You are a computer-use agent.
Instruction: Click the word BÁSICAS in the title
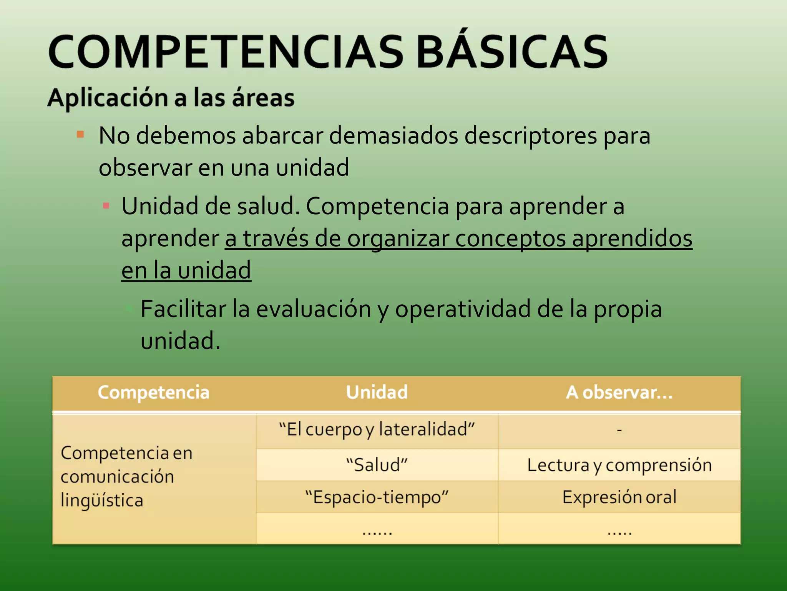(x=512, y=52)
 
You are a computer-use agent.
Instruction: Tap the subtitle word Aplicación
(x=108, y=98)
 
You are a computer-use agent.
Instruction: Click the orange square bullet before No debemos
(x=80, y=134)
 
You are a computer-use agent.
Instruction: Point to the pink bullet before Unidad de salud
(x=106, y=206)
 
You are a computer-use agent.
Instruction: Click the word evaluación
(x=313, y=309)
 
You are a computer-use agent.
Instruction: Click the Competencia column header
(x=154, y=392)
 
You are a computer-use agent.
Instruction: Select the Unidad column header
(x=377, y=392)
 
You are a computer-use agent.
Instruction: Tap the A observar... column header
(x=619, y=392)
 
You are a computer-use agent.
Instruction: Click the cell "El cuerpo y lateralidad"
(x=377, y=429)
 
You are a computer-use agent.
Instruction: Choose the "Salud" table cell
(x=377, y=465)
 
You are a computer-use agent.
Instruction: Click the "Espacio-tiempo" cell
(x=377, y=497)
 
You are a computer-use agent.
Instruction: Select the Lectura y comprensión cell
(x=619, y=465)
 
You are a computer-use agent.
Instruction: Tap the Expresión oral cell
(x=619, y=497)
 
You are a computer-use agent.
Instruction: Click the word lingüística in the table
(x=102, y=501)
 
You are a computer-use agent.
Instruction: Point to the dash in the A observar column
(x=619, y=430)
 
